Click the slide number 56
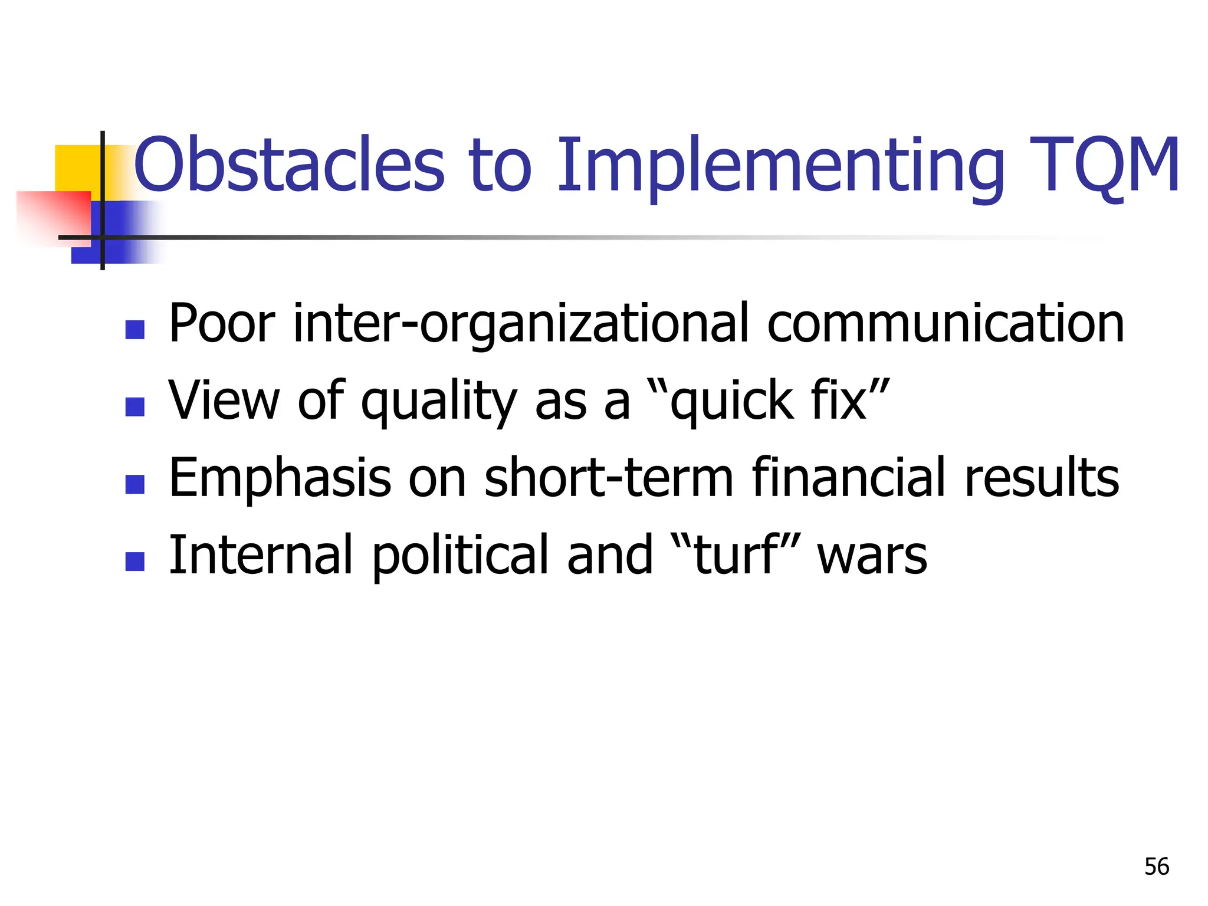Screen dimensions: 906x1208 [x=1156, y=866]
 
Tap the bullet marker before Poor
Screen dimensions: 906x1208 [x=135, y=330]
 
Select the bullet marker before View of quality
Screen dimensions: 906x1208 [x=135, y=406]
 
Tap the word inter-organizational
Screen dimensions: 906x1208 [x=521, y=324]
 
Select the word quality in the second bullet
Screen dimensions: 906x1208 [x=439, y=402]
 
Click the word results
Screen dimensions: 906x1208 [x=1041, y=478]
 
